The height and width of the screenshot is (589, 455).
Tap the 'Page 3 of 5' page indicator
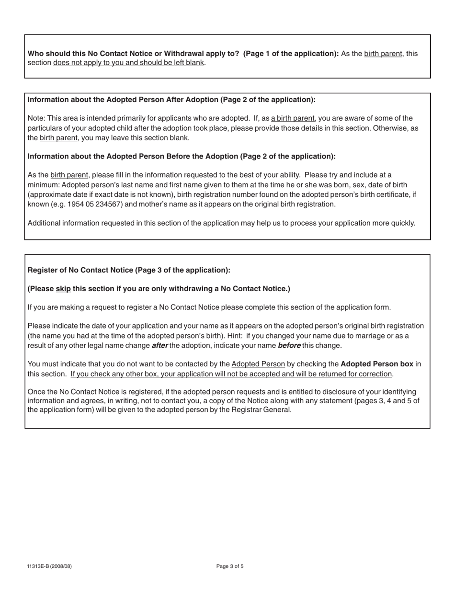230,566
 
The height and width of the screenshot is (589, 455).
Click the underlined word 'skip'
63,289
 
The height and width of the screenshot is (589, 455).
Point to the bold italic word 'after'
159,345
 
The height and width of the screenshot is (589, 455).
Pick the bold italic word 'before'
289,345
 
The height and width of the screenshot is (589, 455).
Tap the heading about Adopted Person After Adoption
171,100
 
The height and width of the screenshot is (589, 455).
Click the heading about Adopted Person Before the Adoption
182,157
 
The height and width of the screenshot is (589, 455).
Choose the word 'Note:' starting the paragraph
37,118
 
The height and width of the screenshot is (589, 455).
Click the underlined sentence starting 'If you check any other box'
231,374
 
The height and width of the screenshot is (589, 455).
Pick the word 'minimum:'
44,185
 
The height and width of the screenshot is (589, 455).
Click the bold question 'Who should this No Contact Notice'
134,54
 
